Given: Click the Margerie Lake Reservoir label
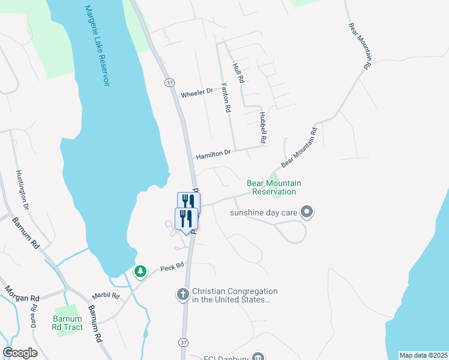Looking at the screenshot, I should click(97, 46).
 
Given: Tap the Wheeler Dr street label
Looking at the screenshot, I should click(197, 94).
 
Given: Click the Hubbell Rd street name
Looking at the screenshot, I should click(263, 127).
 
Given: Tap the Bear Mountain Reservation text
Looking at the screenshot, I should click(274, 187).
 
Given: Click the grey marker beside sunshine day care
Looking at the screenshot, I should click(307, 211).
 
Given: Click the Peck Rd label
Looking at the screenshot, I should click(171, 268).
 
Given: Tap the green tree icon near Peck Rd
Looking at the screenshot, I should click(140, 272).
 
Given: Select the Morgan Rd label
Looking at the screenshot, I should click(23, 293).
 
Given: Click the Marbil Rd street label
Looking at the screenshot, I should click(106, 296).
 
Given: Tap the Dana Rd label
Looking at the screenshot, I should click(34, 316).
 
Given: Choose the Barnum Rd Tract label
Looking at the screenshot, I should click(66, 323).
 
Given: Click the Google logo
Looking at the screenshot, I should click(20, 353).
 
